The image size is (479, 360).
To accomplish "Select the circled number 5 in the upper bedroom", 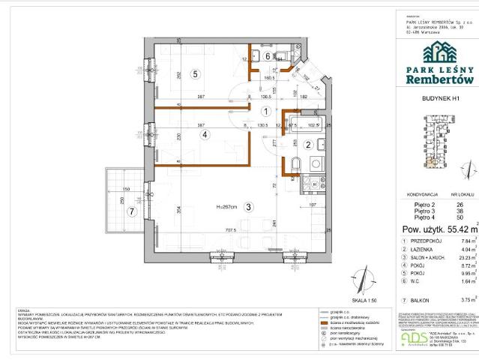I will point(193,73).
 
